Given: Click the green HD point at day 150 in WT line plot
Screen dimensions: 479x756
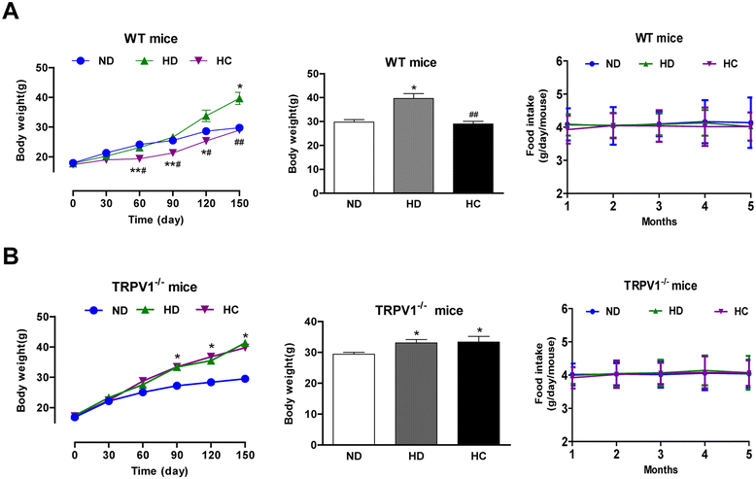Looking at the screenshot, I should pos(238,99).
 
